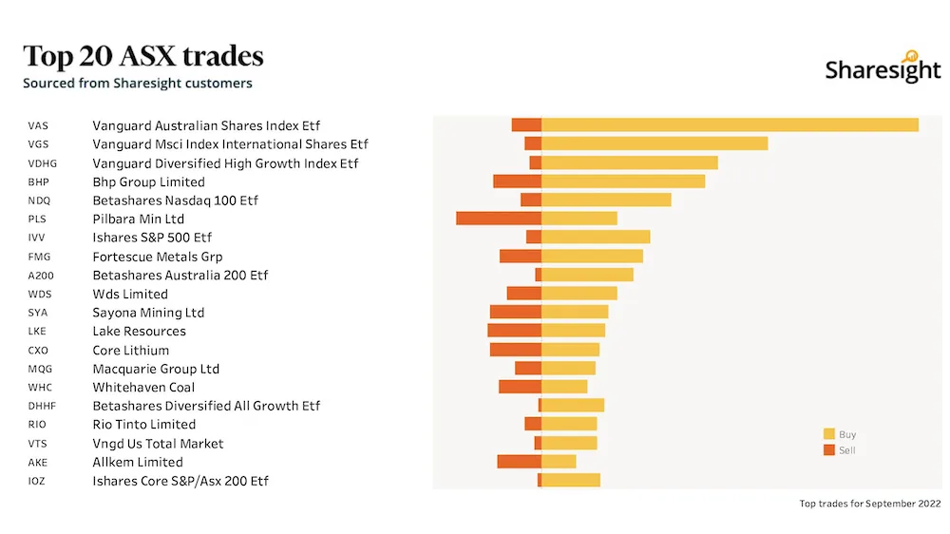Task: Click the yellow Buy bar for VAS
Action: [x=730, y=124]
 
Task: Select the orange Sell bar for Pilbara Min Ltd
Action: [x=499, y=219]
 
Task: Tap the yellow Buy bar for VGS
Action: [x=655, y=143]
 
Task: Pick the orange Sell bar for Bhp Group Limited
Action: [x=517, y=181]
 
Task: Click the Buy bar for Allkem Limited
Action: [x=559, y=462]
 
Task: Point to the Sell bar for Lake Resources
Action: [x=514, y=331]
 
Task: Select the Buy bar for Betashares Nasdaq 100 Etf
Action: [x=606, y=200]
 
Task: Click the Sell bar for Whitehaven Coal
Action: [x=520, y=387]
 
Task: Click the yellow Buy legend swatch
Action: [x=828, y=434]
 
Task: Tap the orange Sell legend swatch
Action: [x=828, y=449]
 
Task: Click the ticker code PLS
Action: [x=38, y=219]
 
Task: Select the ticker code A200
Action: [x=41, y=276]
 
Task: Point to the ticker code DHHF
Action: [x=43, y=406]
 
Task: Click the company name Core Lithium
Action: [x=131, y=350]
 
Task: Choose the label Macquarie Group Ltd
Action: [x=156, y=369]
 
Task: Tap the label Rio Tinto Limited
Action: [x=144, y=425]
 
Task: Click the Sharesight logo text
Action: [x=883, y=69]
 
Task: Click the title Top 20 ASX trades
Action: [x=143, y=56]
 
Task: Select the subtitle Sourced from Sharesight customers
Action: [x=138, y=83]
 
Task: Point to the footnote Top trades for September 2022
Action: [x=870, y=504]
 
